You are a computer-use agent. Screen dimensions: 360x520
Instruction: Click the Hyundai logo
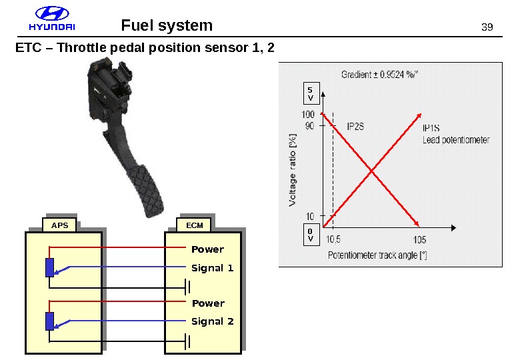[51, 21]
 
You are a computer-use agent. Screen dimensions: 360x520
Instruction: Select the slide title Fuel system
[167, 25]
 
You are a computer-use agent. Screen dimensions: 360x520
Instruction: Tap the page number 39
[487, 27]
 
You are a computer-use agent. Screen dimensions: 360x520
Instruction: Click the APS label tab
[60, 225]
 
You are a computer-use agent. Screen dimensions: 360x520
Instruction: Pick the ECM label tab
[195, 225]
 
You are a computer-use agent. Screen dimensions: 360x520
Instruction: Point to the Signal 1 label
[212, 268]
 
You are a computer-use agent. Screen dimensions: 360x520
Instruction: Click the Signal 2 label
[212, 321]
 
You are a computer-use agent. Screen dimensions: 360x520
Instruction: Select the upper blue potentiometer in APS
[50, 267]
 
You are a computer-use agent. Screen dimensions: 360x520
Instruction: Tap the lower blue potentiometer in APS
[50, 321]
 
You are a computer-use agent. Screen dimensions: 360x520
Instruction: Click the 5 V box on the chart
[309, 93]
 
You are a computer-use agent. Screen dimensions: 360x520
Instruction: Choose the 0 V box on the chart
[310, 235]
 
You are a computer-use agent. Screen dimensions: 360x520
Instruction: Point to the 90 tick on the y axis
[310, 125]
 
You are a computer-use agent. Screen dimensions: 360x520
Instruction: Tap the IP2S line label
[356, 125]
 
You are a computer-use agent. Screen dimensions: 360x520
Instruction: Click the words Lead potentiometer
[456, 140]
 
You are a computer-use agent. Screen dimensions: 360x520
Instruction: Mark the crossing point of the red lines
[371, 171]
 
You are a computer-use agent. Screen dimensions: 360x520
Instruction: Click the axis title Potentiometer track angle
[377, 255]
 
